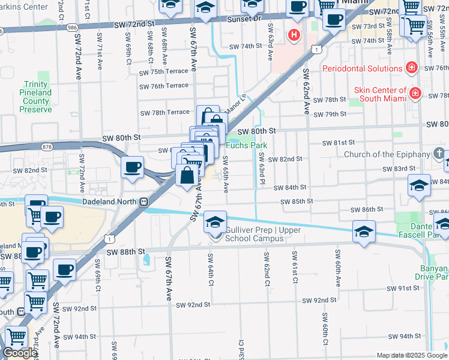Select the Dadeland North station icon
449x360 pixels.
[x=144, y=202]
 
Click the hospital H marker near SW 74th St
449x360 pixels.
[x=294, y=34]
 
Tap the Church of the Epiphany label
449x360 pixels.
[x=387, y=154]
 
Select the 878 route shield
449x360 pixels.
[x=47, y=146]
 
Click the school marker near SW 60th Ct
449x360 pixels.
[x=364, y=232]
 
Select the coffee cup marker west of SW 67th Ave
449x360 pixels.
[x=132, y=167]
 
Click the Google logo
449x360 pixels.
[x=20, y=353]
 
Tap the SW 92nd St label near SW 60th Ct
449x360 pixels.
[x=319, y=300]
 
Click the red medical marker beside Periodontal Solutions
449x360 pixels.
[x=411, y=68]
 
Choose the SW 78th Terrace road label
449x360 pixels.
[x=164, y=113]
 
